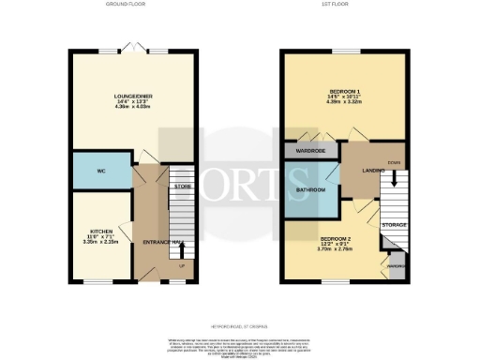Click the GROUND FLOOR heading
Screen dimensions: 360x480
pyautogui.click(x=123, y=5)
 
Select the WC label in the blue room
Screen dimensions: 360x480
pyautogui.click(x=100, y=172)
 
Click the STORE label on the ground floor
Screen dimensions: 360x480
pyautogui.click(x=183, y=188)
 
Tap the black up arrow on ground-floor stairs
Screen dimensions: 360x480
pyautogui.click(x=179, y=249)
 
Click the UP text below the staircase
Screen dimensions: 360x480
pyautogui.click(x=179, y=265)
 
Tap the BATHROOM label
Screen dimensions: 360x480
pyautogui.click(x=310, y=190)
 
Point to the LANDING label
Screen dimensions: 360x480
pyautogui.click(x=360, y=170)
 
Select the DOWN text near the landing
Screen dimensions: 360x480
pyautogui.click(x=393, y=160)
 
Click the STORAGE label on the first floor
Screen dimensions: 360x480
pyautogui.click(x=395, y=225)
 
